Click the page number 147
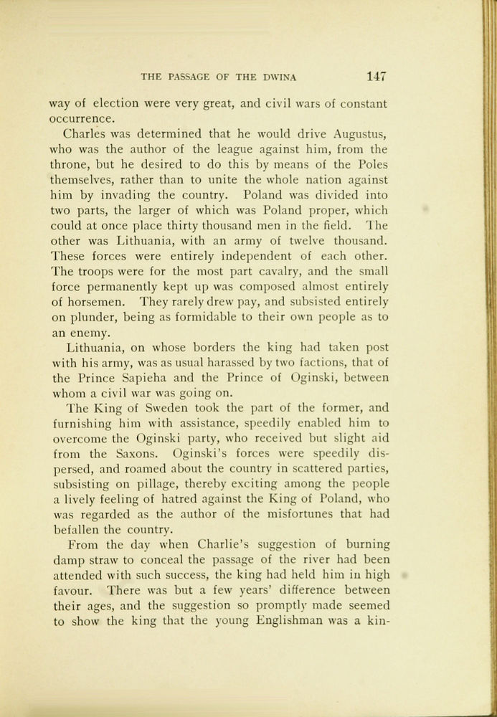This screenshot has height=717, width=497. pos(376,75)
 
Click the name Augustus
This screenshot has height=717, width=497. pos(361,133)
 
